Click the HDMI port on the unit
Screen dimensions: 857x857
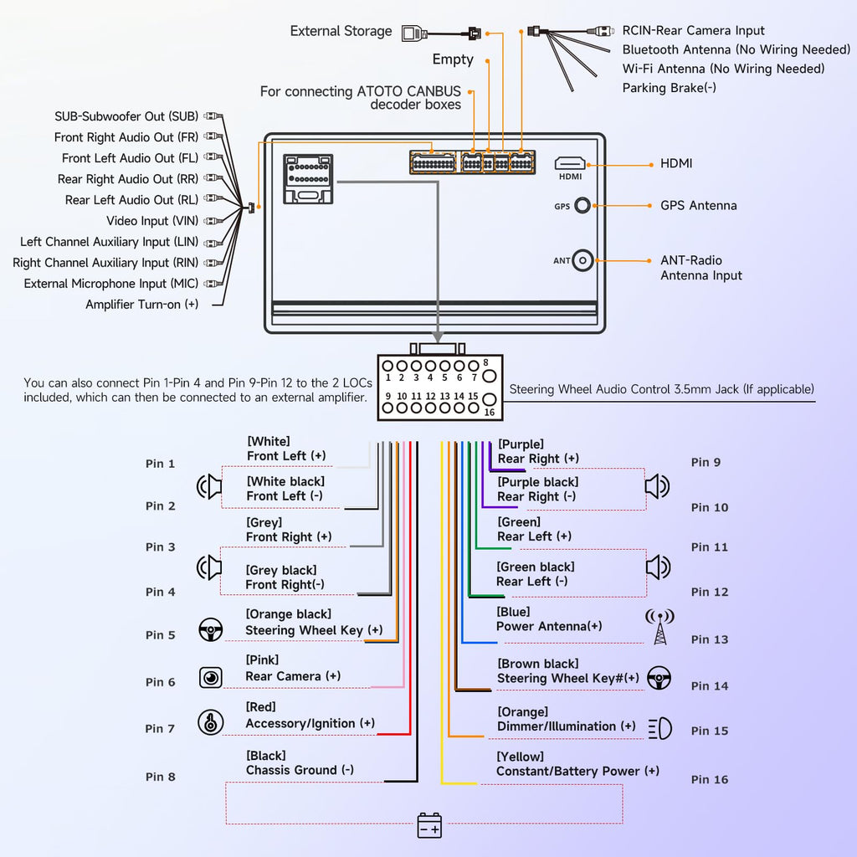coord(570,163)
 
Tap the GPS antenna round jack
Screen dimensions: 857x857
coord(582,206)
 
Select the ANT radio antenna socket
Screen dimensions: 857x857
coord(582,261)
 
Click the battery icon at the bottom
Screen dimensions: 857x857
coord(429,825)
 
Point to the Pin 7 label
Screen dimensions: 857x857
coord(160,729)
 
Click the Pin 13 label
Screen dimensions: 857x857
coord(710,639)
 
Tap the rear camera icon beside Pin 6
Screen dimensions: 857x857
coord(210,678)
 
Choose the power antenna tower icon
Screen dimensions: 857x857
coord(659,626)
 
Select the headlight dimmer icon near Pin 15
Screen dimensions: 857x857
coord(660,729)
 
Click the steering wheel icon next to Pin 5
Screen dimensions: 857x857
coord(210,630)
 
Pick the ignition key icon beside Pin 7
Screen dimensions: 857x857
coord(210,722)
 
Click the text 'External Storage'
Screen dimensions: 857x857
coord(341,31)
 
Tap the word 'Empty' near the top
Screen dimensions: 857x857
coord(453,59)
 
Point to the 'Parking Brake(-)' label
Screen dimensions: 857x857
coord(669,88)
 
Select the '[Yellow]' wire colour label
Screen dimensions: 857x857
coord(520,757)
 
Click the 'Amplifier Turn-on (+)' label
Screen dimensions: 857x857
coord(141,305)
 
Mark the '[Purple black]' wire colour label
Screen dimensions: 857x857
coord(538,482)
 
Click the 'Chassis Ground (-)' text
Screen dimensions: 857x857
coord(300,770)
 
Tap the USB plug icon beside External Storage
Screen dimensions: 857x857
coord(414,33)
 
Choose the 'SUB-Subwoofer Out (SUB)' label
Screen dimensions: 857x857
coord(126,116)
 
